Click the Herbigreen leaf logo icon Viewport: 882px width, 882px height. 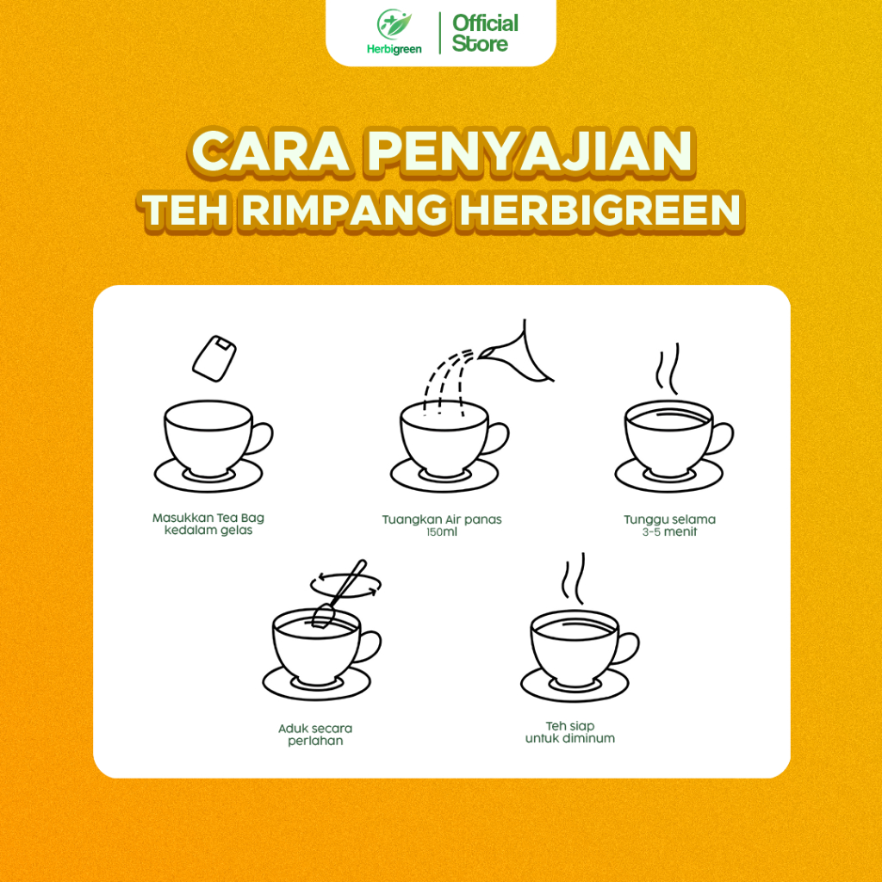point(394,24)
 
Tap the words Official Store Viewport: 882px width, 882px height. point(485,34)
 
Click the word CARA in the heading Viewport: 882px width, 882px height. point(270,152)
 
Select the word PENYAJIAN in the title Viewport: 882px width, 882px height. point(531,151)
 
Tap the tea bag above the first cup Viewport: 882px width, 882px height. point(214,358)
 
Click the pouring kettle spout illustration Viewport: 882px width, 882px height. point(517,354)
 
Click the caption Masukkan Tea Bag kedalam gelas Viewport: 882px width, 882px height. point(208,524)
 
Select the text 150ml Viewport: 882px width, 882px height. point(442,532)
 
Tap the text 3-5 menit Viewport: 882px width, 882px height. point(669,532)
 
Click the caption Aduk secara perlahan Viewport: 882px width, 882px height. point(315,734)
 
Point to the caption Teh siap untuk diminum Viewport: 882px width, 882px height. point(570,732)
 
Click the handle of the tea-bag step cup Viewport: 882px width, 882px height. point(260,438)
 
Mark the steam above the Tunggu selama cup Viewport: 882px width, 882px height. point(668,369)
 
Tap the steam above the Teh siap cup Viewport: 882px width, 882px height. point(574,578)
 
